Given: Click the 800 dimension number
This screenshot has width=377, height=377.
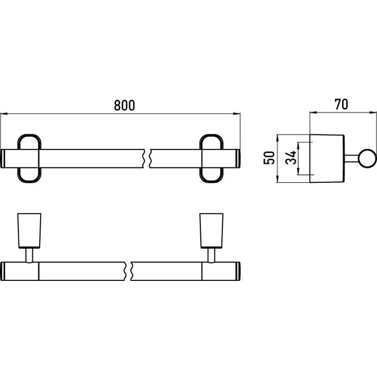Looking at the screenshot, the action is tap(124, 105).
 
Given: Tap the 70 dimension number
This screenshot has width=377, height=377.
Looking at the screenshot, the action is tap(341, 104).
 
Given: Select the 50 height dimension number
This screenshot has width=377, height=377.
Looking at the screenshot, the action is tap(269, 158).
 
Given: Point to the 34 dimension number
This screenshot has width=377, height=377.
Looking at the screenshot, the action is tap(290, 157).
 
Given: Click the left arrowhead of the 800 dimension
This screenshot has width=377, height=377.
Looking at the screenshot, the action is tap(4, 114).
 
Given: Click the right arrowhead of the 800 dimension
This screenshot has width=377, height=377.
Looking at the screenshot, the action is tap(237, 114).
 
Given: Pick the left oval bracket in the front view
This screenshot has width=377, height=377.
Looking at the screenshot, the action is tap(29, 158).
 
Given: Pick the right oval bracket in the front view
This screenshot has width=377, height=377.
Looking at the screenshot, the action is tap(211, 158).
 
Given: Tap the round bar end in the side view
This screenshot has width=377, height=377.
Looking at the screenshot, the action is tap(367, 158).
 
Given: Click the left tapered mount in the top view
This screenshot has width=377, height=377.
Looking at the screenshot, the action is tap(29, 230).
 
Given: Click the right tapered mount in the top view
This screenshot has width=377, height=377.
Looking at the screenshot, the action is tap(211, 230).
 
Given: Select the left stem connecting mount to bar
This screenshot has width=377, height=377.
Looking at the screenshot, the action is tap(29, 255).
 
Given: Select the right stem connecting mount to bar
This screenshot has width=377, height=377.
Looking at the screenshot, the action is tap(211, 255).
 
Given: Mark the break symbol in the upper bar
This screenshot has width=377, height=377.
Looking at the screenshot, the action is tap(147, 158).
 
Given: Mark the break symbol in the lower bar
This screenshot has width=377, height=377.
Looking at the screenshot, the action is tap(128, 271).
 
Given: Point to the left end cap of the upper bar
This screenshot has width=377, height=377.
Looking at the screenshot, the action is tap(3, 158).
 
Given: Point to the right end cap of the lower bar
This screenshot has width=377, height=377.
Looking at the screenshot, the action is tap(238, 271).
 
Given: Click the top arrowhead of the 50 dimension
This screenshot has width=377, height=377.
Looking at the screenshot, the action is tap(278, 138).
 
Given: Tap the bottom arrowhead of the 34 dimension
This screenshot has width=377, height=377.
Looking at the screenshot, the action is tap(298, 171).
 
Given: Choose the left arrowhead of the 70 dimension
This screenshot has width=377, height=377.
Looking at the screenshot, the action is tap(313, 112).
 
